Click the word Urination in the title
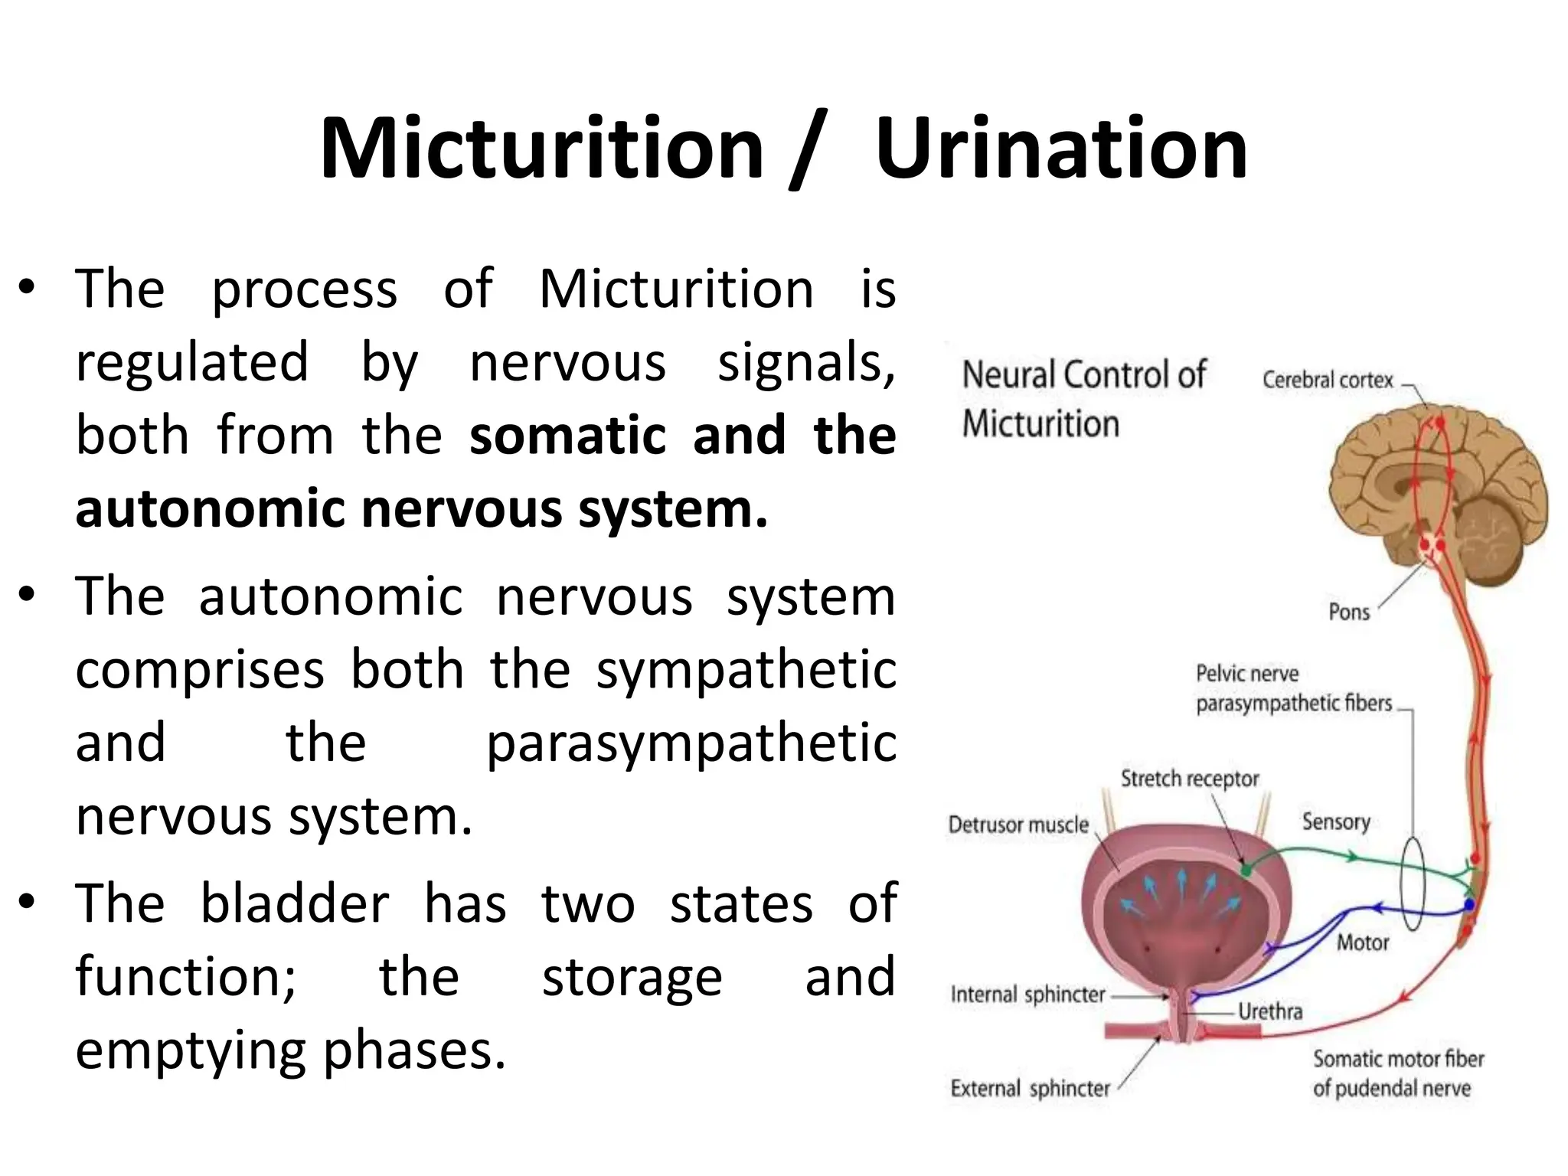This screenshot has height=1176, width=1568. tap(1061, 149)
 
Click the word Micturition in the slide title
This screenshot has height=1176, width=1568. tap(542, 149)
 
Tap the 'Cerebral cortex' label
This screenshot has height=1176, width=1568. tap(1327, 380)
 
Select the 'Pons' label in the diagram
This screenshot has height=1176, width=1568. tap(1348, 612)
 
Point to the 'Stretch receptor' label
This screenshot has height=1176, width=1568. tap(1189, 779)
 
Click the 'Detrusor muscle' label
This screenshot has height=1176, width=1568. tap(1018, 825)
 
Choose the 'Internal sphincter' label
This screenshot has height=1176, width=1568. tap(1027, 995)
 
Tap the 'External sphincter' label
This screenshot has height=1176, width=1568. tap(1030, 1088)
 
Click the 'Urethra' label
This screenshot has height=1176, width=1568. tap(1269, 1011)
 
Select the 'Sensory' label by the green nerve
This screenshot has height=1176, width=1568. tap(1336, 822)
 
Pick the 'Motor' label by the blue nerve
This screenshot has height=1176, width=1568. tap(1363, 942)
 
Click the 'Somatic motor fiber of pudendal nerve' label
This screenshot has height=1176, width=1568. tap(1397, 1073)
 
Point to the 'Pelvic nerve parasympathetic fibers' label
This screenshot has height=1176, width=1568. tap(1293, 688)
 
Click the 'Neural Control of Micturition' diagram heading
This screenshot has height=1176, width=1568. tap(1083, 399)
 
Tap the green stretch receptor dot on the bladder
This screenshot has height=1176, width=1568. tap(1246, 870)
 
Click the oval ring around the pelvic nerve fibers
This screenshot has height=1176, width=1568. tap(1413, 883)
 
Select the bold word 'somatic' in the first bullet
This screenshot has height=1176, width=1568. tap(568, 436)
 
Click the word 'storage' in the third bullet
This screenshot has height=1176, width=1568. tap(632, 977)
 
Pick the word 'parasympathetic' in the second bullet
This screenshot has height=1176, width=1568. tap(691, 743)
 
